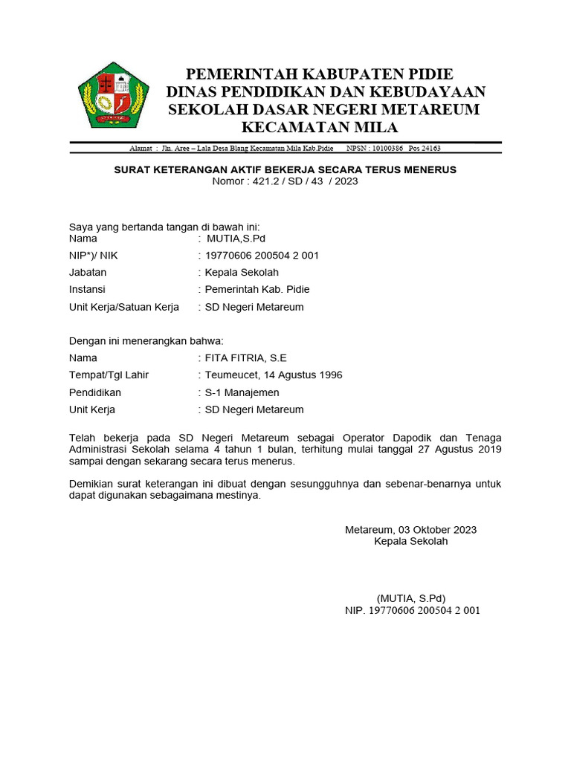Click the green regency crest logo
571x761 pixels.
113,95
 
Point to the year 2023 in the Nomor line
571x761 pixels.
346,181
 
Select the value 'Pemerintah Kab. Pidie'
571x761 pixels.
257,289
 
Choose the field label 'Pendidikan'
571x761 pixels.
95,392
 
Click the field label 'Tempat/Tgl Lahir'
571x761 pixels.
109,375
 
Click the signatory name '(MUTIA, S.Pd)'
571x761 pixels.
411,598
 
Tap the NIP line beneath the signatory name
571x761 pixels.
412,610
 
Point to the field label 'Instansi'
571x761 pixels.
87,289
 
